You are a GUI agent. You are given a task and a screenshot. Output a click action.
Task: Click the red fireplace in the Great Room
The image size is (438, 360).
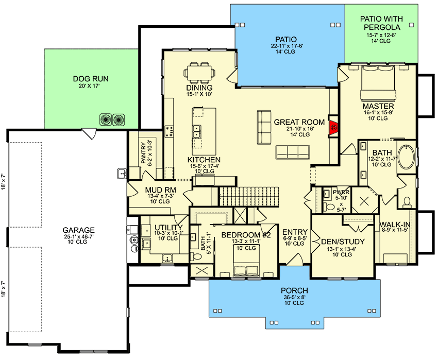pos(333,126)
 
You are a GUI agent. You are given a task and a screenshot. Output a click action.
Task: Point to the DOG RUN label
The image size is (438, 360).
pos(91,79)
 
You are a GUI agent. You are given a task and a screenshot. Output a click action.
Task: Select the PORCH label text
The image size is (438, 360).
pos(295,290)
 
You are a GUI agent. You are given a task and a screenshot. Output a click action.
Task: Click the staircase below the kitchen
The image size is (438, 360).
pos(250,196)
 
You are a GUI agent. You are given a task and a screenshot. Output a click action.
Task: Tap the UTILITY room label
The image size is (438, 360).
pos(169,227)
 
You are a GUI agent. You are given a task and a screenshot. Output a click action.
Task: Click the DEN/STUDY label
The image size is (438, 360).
pos(343,242)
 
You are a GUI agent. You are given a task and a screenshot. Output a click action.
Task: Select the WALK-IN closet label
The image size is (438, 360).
pos(395,225)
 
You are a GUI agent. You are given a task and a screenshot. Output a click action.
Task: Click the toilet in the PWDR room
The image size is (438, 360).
pos(331,207)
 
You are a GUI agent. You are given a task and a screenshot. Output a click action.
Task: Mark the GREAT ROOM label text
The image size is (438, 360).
pos(299,122)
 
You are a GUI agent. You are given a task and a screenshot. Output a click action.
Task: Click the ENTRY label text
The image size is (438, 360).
pos(295,232)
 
